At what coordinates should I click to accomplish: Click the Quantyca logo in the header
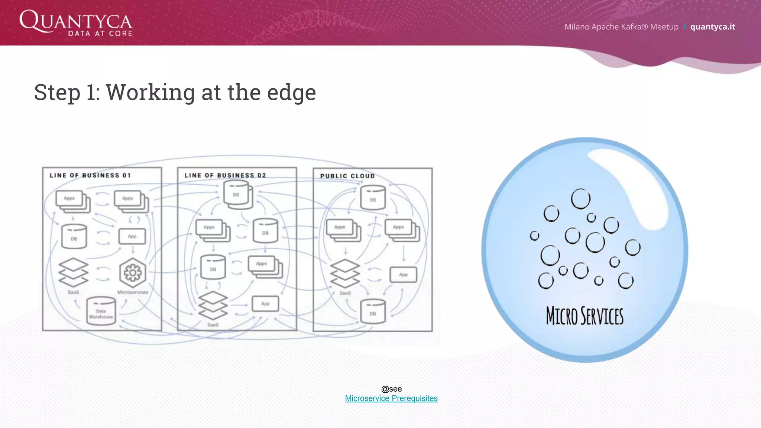pos(76,23)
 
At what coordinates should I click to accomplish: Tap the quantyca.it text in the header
pos(712,27)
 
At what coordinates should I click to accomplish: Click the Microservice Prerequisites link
pos(391,398)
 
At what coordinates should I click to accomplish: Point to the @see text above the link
pos(391,389)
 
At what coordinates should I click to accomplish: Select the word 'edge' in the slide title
pos(291,93)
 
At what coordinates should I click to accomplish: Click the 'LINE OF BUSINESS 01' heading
pos(90,175)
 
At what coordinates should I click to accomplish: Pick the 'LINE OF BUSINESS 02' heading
pos(225,175)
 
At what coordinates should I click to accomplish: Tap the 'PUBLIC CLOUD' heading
pos(347,176)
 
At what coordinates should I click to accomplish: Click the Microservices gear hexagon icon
pos(133,273)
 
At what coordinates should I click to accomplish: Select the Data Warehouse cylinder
pos(101,311)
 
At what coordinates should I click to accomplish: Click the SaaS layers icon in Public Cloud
pos(345,273)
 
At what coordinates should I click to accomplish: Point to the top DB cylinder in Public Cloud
pos(373,198)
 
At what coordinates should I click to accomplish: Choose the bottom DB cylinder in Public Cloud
pos(373,312)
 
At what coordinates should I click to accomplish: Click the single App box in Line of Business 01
pos(132,236)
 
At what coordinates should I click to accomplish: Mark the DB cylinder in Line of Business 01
pos(74,237)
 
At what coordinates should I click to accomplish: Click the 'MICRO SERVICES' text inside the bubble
pos(584,316)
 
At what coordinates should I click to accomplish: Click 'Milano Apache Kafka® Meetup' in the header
pos(621,27)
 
